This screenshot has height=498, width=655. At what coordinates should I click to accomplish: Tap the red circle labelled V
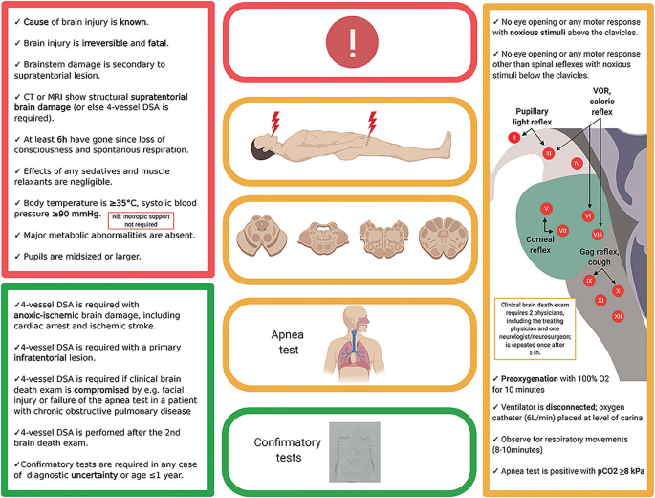pyautogui.click(x=545, y=208)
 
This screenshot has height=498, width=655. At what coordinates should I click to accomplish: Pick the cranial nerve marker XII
pyautogui.click(x=618, y=315)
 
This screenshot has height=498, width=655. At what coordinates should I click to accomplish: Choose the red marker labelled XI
pyautogui.click(x=600, y=300)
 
